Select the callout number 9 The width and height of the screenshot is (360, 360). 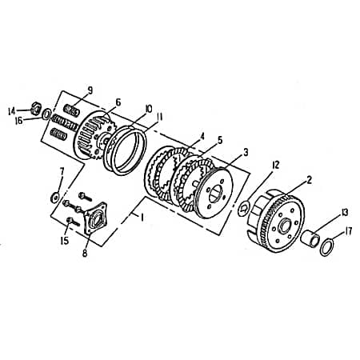coord(90,90)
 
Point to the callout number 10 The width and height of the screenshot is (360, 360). coord(148,109)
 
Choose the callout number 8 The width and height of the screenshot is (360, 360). coord(85,254)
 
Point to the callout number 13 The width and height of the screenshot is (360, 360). coord(345,212)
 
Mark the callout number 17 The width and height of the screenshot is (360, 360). coord(347,233)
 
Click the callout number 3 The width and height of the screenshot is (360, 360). coord(245,151)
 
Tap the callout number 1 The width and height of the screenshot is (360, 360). coord(142,216)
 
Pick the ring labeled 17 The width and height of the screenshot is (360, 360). coord(326,247)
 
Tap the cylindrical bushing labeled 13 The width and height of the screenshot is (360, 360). coord(310,238)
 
